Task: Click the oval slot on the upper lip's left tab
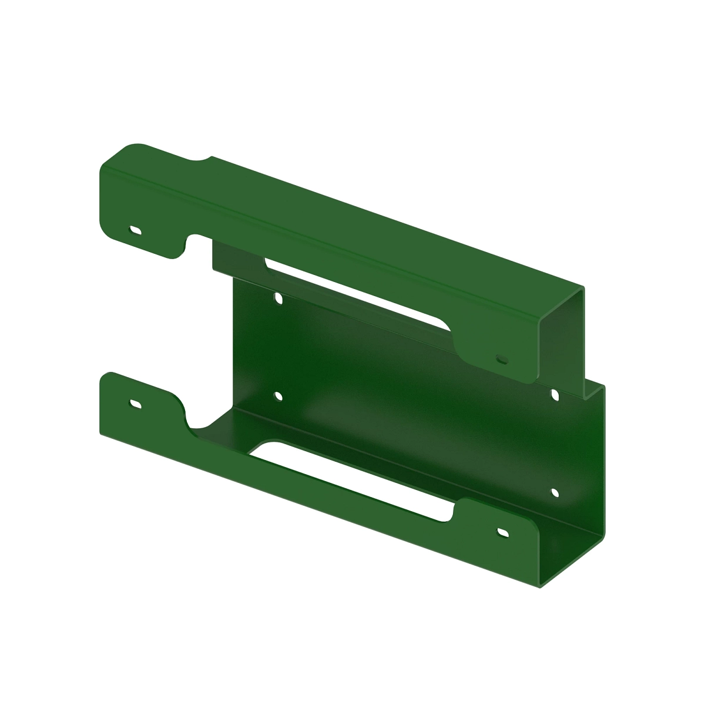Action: pos(136,230)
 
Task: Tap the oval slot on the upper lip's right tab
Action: pos(501,357)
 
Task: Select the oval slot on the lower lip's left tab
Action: pos(136,404)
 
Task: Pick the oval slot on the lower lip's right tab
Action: pos(503,532)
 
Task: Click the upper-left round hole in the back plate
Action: pos(278,299)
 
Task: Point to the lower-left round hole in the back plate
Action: pos(278,397)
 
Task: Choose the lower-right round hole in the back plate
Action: pos(554,492)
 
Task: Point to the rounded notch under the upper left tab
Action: pos(194,242)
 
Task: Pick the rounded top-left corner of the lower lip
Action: pos(109,375)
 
